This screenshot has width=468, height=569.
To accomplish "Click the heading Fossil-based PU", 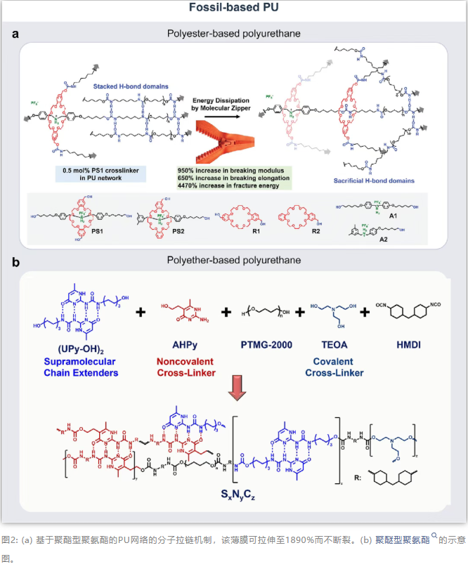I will pos(233,8).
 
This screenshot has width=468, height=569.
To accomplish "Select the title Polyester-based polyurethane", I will pos(233,33).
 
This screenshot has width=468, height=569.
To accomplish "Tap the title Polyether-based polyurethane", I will pos(233,261).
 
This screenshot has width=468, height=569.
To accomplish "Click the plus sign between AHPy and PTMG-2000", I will pos(226,312).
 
